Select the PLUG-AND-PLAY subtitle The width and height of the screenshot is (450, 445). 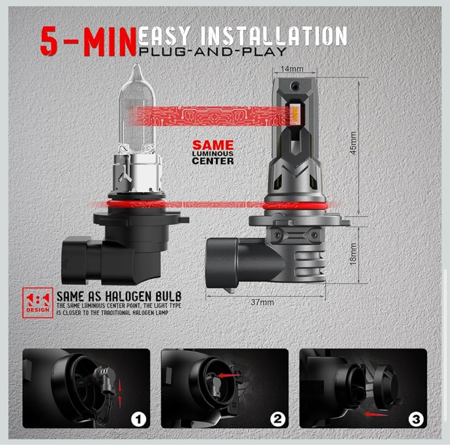(212, 52)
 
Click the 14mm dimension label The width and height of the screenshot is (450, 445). (292, 69)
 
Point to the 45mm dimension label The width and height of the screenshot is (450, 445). (353, 143)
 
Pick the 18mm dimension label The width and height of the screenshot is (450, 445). (353, 254)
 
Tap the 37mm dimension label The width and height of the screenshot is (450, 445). (262, 302)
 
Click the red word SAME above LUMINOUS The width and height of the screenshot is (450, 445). (213, 145)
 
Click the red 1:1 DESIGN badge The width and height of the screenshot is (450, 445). (37, 303)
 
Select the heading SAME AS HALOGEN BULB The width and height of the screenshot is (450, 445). (119, 297)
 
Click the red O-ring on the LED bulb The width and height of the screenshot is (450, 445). (295, 206)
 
